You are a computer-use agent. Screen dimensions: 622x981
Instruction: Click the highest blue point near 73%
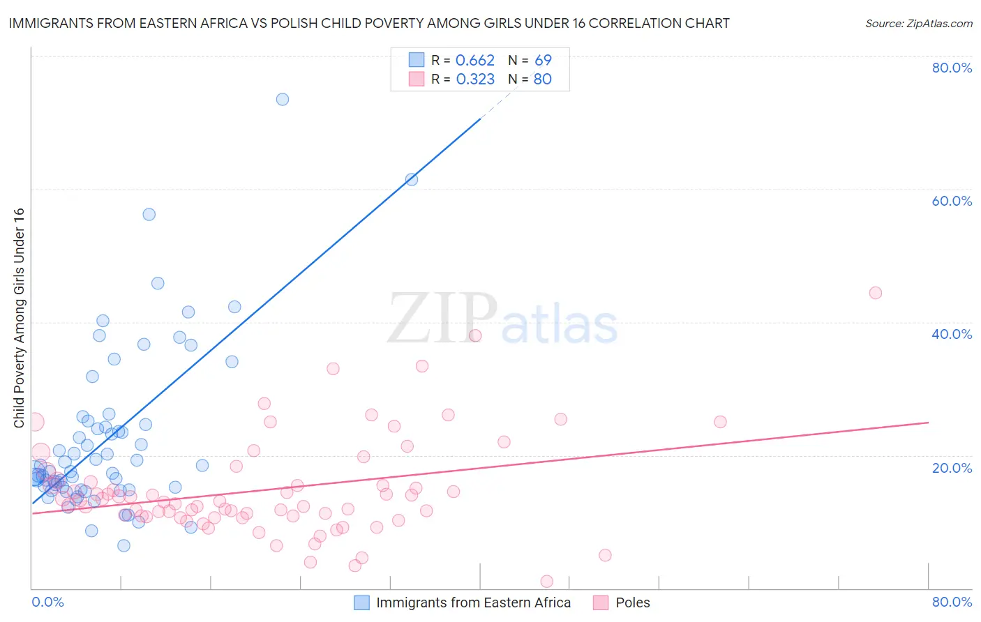[283, 99]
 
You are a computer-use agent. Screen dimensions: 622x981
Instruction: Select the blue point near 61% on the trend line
[412, 179]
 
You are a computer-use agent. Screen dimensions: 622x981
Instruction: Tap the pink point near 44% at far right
[876, 293]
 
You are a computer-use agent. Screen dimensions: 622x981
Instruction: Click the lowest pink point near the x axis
[547, 582]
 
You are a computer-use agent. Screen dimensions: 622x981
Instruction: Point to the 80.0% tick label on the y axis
[952, 68]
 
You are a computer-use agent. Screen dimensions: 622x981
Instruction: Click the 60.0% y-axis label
[952, 201]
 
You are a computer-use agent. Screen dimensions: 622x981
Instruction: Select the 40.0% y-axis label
[952, 334]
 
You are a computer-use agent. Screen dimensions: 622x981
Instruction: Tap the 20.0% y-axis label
[952, 468]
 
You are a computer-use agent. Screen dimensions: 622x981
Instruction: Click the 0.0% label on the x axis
[47, 602]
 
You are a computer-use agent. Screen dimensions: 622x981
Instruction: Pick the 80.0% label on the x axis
[952, 602]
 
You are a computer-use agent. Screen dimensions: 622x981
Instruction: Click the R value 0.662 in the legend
[474, 61]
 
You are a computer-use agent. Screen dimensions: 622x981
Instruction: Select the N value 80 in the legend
[542, 79]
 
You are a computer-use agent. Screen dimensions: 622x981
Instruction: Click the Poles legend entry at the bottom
[632, 602]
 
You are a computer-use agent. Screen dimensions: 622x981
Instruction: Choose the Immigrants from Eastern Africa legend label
[473, 602]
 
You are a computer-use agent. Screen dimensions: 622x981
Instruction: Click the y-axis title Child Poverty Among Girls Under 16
[19, 318]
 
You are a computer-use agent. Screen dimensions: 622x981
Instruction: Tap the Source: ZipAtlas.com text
[918, 24]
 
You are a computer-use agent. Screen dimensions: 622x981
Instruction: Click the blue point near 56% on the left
[149, 214]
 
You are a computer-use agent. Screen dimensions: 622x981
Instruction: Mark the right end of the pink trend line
[928, 423]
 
